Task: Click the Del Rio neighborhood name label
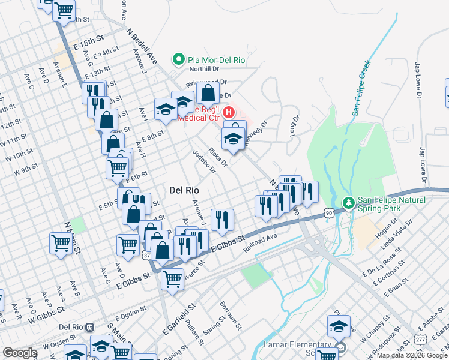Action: [x=184, y=190]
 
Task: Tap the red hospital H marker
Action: [x=229, y=112]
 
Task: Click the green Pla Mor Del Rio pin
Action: [x=178, y=59]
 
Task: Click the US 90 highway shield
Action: [x=328, y=212]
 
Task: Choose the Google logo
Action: [x=20, y=353]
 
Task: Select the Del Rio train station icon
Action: [x=90, y=328]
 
